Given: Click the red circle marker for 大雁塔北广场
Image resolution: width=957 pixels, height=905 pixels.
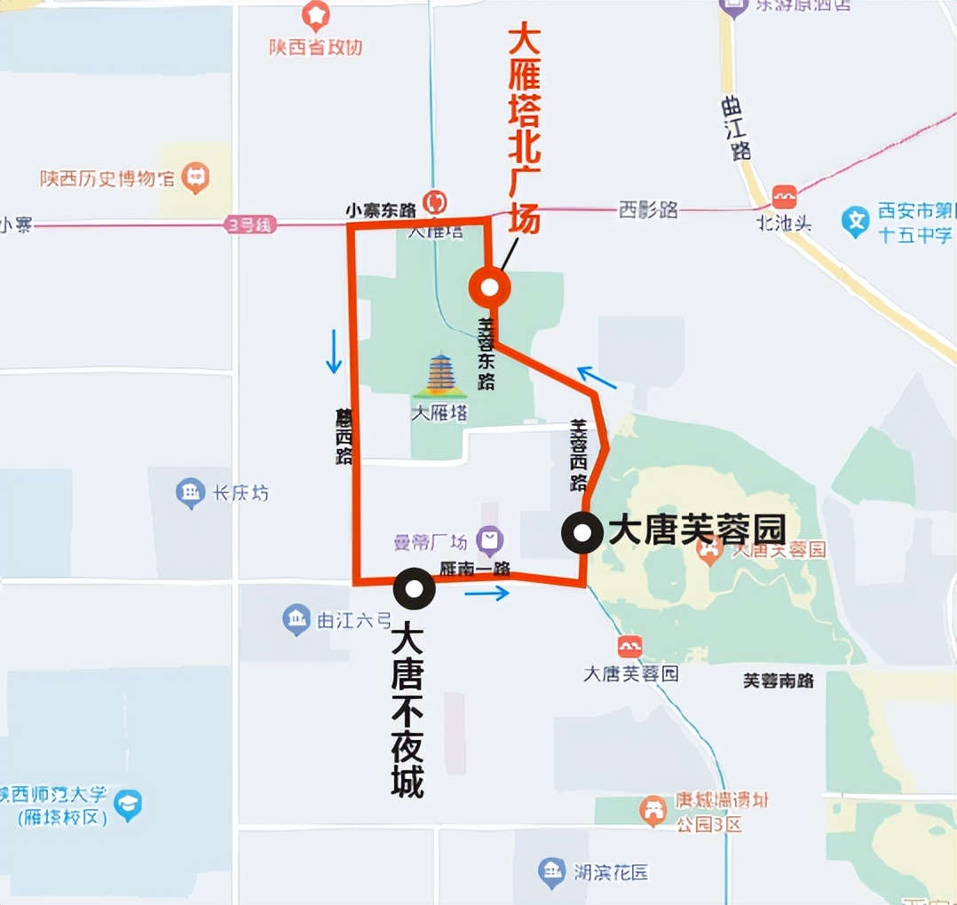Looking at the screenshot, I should [x=488, y=287].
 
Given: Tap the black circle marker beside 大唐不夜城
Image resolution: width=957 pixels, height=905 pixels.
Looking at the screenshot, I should [x=414, y=587].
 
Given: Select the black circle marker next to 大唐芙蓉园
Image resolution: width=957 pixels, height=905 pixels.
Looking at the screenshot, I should [x=582, y=533].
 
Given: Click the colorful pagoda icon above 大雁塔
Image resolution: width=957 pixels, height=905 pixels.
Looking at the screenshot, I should [x=440, y=376].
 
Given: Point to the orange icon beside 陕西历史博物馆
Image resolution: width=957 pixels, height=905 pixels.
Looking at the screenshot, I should [x=194, y=178].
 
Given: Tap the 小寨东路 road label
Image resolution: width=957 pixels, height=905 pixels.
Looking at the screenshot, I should [x=381, y=210].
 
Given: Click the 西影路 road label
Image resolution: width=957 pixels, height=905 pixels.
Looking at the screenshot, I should [x=648, y=210].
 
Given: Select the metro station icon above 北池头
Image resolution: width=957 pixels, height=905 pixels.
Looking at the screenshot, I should [x=784, y=197].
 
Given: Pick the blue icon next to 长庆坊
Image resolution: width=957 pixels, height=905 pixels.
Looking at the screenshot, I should [x=190, y=493].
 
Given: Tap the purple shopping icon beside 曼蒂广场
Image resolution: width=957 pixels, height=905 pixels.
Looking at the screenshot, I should [x=489, y=539].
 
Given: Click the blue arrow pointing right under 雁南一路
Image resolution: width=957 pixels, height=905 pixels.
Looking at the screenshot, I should [x=486, y=593].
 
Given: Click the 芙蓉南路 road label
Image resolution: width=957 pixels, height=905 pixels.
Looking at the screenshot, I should [x=778, y=681].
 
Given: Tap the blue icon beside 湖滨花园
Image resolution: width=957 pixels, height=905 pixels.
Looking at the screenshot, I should [x=551, y=871].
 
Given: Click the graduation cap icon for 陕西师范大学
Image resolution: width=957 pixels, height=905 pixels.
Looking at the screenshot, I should [x=128, y=805].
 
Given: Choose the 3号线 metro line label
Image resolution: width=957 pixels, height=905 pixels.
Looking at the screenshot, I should [x=250, y=225].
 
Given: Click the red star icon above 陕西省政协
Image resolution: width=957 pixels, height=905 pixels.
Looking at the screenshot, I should [x=315, y=15].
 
